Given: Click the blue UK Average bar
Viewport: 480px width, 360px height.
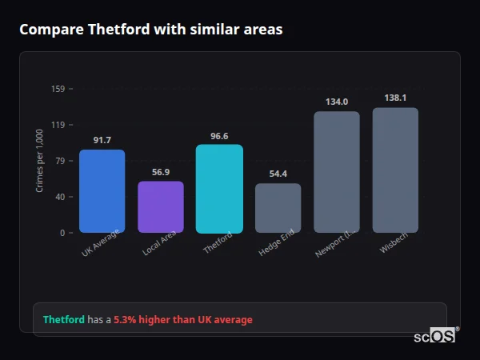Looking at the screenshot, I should [x=102, y=191].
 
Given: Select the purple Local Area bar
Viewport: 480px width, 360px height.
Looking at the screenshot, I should [x=161, y=207].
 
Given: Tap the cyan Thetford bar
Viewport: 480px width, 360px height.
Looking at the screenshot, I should [x=219, y=189].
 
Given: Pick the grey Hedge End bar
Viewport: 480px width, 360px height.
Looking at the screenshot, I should [x=278, y=208].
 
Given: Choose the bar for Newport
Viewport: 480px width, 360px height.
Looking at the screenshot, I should [x=337, y=172].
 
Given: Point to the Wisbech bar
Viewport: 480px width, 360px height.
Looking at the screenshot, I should [x=395, y=170].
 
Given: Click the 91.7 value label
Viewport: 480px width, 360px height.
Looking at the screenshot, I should [x=102, y=141].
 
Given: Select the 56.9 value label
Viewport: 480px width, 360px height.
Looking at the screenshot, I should [x=161, y=172].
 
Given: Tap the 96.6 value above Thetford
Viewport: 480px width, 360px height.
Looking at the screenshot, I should [x=219, y=136].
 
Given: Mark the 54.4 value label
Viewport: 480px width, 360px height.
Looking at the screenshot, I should [x=278, y=174].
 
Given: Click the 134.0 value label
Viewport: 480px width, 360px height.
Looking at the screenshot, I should [x=337, y=102].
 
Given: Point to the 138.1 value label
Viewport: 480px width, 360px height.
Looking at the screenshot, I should [x=395, y=98].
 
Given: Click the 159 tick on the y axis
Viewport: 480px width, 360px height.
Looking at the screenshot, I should [x=58, y=89].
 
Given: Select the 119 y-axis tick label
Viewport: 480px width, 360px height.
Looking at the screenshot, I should [x=58, y=125].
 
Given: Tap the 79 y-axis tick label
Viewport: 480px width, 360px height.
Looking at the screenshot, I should [x=60, y=161].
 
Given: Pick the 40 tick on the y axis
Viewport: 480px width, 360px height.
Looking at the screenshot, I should [x=60, y=197].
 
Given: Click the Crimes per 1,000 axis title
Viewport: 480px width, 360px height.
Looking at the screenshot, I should [x=40, y=161].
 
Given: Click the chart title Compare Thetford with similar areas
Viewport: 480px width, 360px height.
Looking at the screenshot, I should [x=150, y=30].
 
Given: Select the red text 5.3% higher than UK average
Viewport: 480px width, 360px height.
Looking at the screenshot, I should [x=182, y=320].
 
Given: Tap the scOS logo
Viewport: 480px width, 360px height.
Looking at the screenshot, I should [x=435, y=336].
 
